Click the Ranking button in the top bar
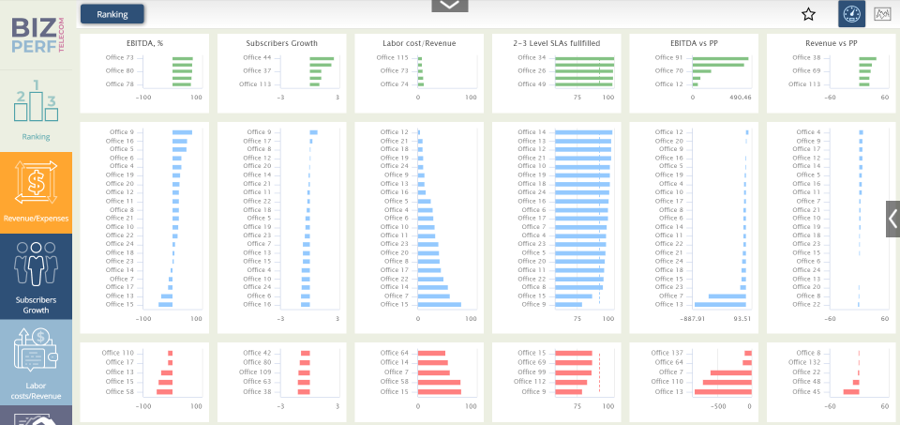[112, 14]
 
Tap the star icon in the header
[808, 14]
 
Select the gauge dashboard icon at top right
[851, 14]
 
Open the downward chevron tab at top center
[449, 6]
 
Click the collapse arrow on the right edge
[892, 219]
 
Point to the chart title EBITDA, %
[144, 43]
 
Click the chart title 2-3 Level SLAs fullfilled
[557, 43]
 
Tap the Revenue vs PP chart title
[831, 43]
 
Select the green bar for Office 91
[720, 58]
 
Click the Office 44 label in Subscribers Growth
[256, 58]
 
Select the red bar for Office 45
[850, 391]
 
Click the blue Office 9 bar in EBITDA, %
[182, 132]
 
